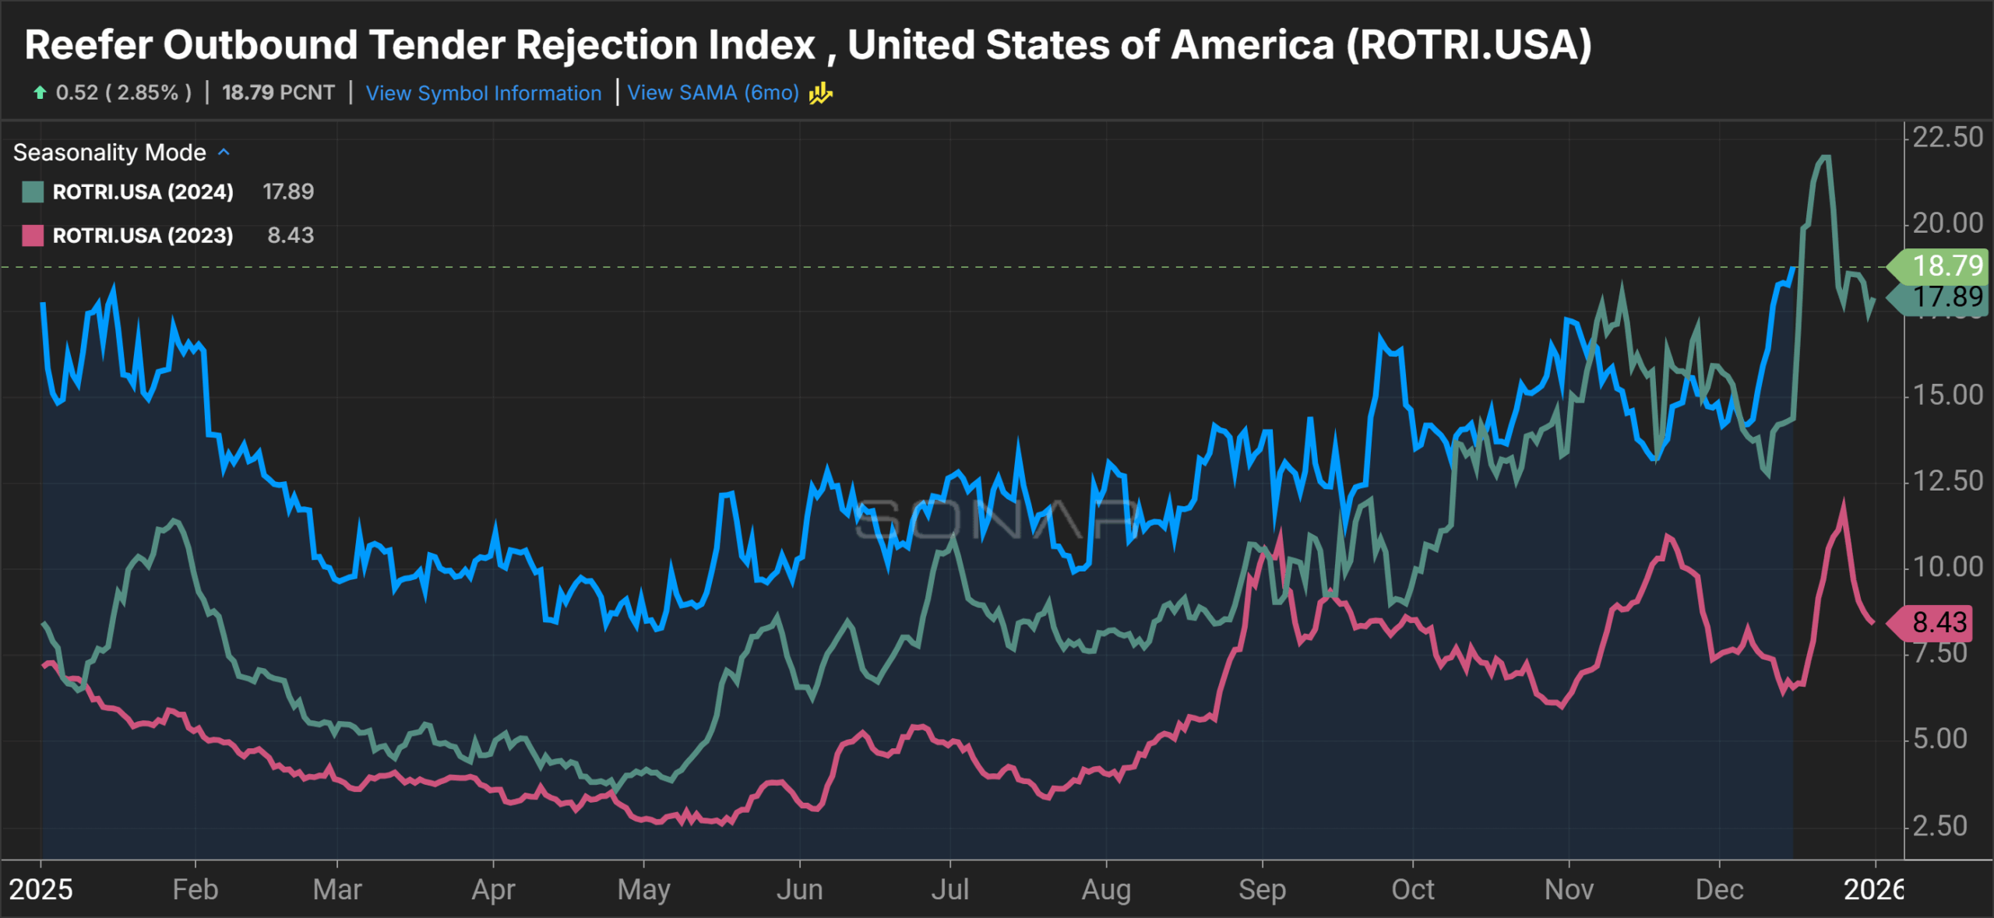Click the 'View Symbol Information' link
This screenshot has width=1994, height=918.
483,93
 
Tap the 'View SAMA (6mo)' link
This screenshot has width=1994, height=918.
713,93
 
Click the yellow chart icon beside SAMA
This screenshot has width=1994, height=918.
821,93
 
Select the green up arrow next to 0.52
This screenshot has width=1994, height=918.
40,93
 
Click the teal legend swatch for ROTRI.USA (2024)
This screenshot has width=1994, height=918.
33,192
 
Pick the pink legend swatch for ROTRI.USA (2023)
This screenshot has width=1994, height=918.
33,235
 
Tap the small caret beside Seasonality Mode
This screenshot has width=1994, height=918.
224,153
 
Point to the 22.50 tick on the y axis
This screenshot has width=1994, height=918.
1947,138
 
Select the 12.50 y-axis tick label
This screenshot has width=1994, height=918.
1947,481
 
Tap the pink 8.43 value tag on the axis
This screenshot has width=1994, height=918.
1938,623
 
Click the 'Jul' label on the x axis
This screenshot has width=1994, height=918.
950,889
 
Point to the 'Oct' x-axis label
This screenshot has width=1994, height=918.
1413,889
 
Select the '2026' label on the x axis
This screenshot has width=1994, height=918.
1873,889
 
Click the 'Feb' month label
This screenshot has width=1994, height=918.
195,889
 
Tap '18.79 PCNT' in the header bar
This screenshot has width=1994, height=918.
278,93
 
